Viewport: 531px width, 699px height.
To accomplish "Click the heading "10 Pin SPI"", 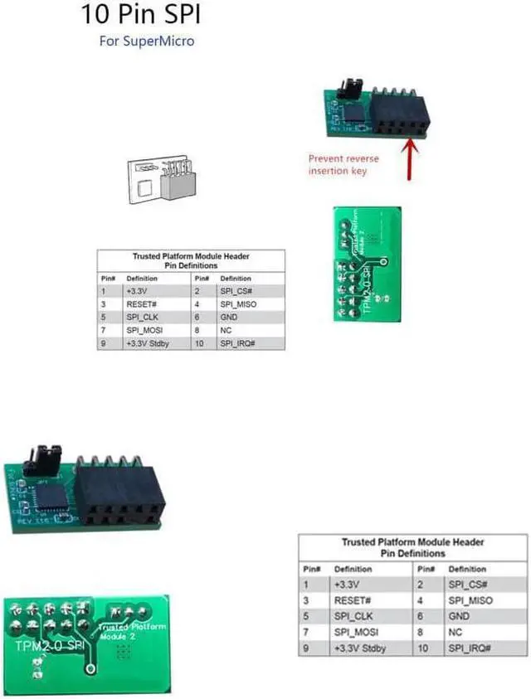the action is tap(140, 15).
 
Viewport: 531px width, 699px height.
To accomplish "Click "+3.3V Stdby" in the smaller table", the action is tap(147, 342).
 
